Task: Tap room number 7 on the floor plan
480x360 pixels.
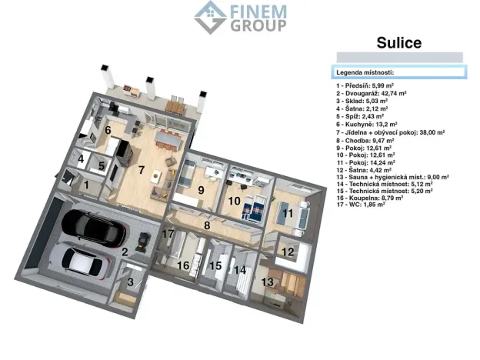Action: point(141,170)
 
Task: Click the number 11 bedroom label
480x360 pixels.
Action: point(288,213)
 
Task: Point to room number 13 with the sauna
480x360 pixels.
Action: point(267,282)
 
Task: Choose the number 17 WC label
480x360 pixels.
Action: point(168,234)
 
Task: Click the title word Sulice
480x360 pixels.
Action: point(399,42)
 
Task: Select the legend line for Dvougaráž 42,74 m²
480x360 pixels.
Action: point(372,93)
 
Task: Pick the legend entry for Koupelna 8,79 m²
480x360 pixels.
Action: point(369,198)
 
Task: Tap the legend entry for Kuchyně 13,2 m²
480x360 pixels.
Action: point(367,125)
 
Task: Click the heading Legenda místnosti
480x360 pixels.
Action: point(365,72)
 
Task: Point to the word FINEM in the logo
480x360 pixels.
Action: point(258,12)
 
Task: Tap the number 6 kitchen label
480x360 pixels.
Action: point(108,130)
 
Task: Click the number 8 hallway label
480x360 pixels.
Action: point(207,225)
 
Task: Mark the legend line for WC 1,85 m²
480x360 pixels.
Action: point(361,205)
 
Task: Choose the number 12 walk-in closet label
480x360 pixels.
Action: point(288,252)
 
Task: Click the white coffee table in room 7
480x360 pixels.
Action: point(156,176)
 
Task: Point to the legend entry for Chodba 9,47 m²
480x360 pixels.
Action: point(365,141)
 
